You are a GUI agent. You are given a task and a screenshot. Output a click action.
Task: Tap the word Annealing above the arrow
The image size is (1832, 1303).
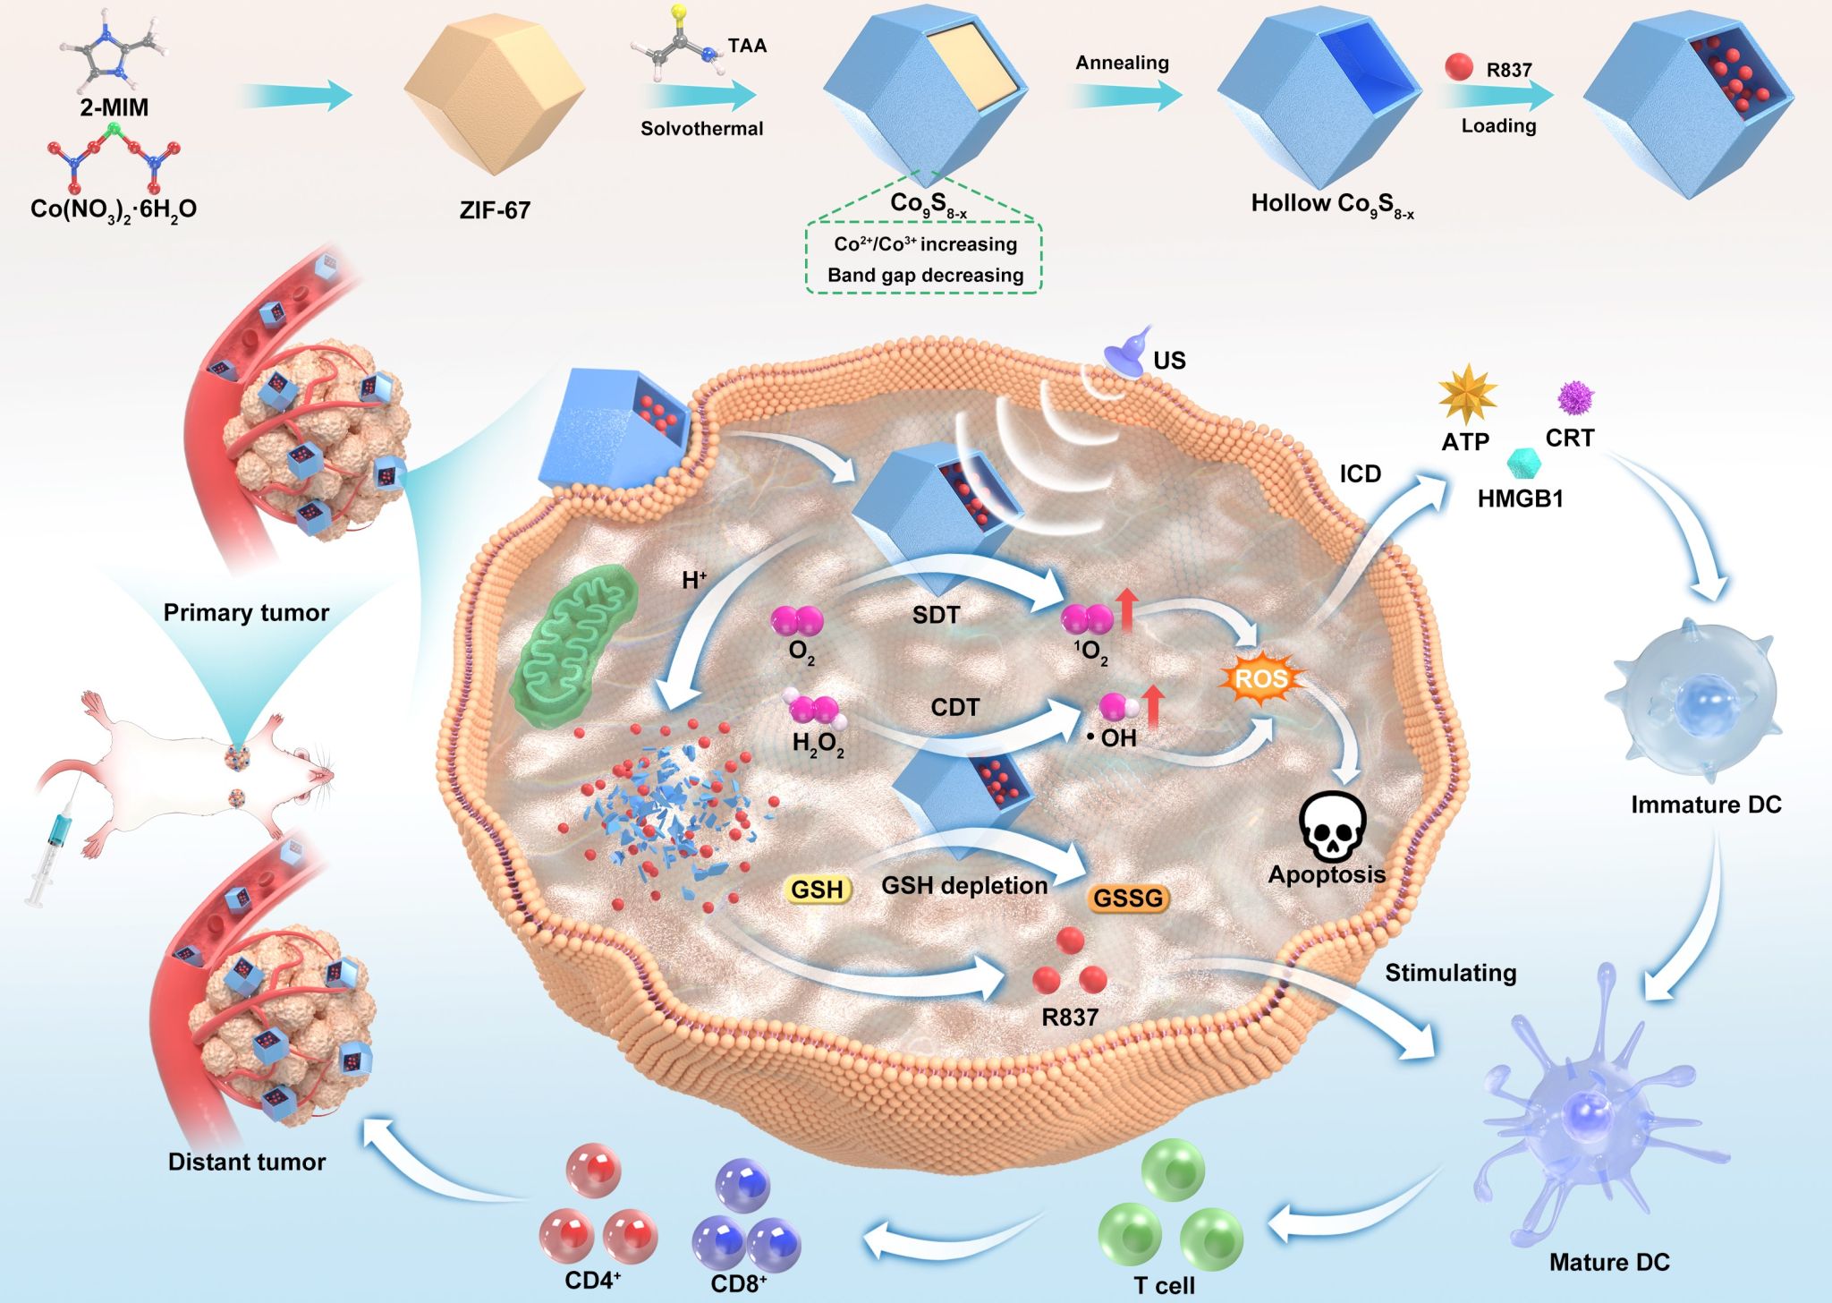point(1122,63)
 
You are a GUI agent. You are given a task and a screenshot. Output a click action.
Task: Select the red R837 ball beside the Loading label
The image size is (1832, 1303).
point(1459,67)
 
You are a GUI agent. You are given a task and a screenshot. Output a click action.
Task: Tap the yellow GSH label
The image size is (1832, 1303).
point(817,890)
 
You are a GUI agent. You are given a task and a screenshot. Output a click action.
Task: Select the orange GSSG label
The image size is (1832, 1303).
point(1127,898)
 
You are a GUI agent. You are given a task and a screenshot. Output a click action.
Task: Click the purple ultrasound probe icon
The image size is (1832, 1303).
point(1129,351)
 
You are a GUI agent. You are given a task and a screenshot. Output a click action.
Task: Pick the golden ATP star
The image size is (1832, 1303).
point(1467,395)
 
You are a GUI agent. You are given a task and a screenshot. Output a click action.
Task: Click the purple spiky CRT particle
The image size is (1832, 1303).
point(1575,397)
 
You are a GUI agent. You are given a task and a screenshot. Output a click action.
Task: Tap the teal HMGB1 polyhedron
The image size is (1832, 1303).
point(1523,464)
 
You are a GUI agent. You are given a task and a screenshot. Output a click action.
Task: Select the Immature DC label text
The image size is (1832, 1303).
point(1705,805)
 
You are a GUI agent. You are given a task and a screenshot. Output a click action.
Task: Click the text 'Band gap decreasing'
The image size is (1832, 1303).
point(925,275)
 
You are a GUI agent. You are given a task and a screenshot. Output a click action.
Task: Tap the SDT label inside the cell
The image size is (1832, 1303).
point(936,615)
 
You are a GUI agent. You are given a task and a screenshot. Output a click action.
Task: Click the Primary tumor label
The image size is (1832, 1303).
point(246,612)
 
